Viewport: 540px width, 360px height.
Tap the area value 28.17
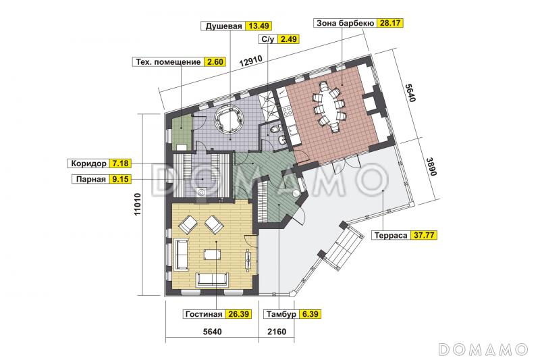coord(389,22)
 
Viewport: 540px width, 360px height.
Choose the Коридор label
coord(88,163)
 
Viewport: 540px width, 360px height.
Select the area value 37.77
coord(426,236)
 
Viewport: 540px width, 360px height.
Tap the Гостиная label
coord(202,314)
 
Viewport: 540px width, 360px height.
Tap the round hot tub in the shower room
coord(226,120)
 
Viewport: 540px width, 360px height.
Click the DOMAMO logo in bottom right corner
coord(482,349)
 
